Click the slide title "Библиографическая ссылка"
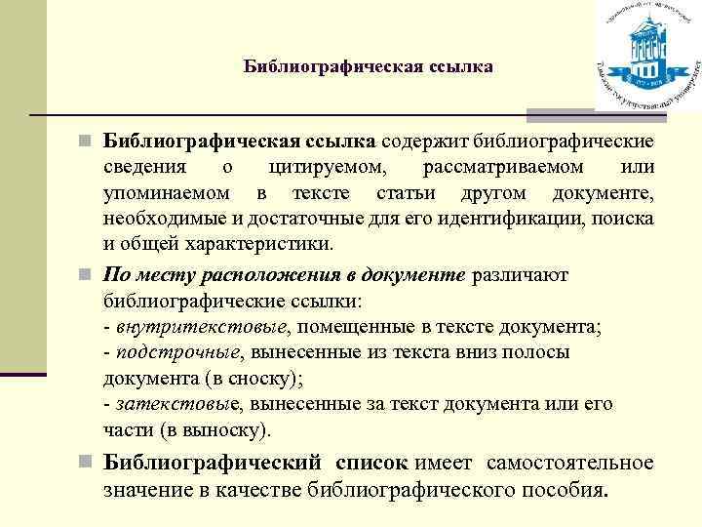click(368, 66)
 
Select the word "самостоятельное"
click(570, 462)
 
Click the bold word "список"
click(373, 462)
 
